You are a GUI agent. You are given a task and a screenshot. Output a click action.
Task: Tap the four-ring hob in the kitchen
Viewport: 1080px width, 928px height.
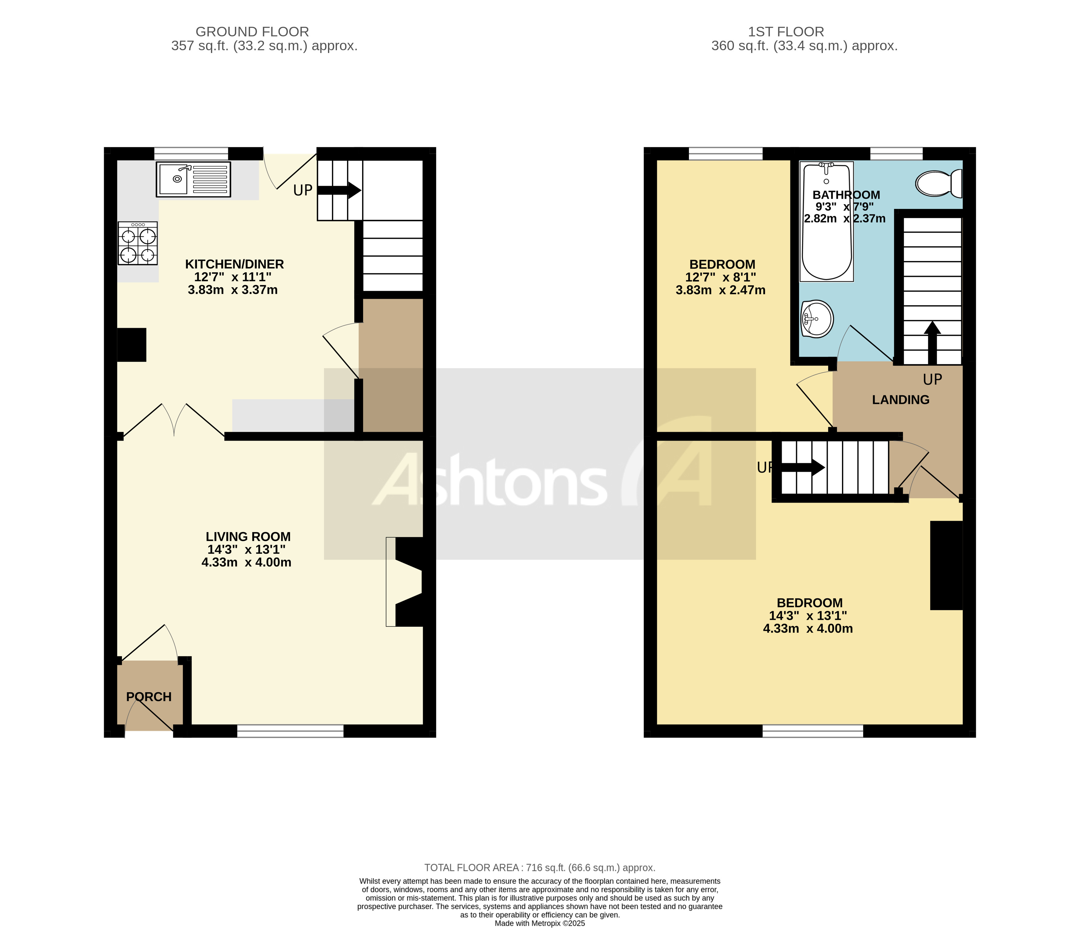coord(138,243)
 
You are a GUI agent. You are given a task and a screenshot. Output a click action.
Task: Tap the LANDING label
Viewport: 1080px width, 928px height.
coord(901,400)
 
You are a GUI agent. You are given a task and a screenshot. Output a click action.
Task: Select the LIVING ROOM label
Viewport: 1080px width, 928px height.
coord(248,536)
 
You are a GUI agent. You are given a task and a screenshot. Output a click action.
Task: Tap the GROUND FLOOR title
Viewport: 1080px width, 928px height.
coord(252,32)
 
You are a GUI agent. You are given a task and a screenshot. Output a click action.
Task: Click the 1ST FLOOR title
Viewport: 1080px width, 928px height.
coord(786,32)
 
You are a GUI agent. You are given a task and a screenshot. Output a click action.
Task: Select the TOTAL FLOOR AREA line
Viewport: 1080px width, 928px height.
coord(540,868)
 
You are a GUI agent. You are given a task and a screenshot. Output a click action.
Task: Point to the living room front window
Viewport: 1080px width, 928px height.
coord(290,731)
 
